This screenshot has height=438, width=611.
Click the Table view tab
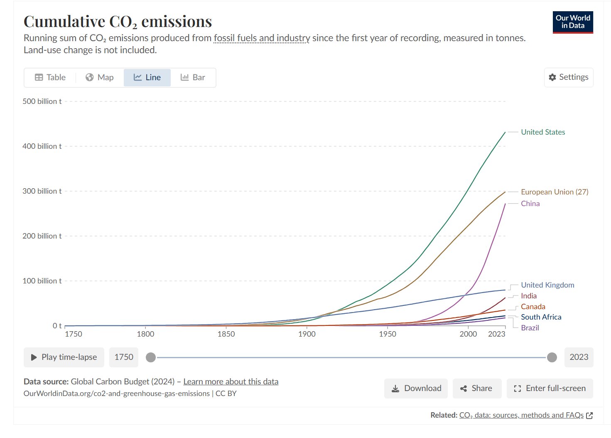50,77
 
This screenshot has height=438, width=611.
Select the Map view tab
100,77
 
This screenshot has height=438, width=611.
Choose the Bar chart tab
193,77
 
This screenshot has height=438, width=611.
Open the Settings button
568,77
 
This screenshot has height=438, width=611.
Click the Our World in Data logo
572,22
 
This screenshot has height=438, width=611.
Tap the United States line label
542,132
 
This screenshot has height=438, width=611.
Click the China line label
530,204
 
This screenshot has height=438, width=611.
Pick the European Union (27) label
554,192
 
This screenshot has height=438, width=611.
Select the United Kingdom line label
547,285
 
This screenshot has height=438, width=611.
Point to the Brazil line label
530,328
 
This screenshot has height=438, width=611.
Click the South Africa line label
541,317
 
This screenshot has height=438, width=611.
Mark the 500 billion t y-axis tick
42,101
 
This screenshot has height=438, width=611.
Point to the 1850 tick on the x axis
226,334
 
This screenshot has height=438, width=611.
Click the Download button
416,389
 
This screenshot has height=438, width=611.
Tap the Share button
477,389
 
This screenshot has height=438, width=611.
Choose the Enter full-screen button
550,389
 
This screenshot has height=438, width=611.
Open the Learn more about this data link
231,381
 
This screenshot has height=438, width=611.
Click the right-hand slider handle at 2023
552,357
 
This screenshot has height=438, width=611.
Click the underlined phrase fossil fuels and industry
262,38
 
